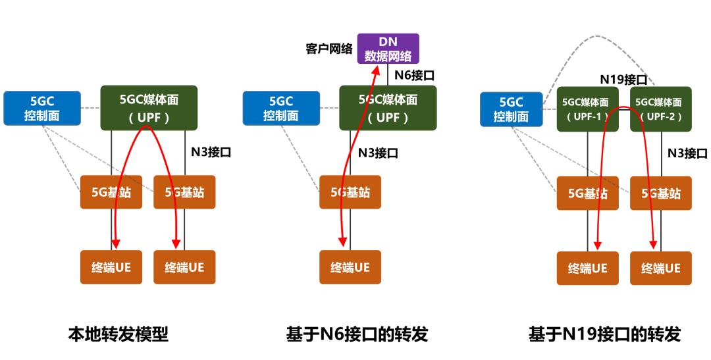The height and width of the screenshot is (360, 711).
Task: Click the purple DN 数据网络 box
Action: pos(388,48)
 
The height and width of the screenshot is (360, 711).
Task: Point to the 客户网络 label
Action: pos(329,49)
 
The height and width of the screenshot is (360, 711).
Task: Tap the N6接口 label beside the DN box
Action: pos(414,75)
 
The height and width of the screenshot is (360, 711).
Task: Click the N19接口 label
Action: pos(622,80)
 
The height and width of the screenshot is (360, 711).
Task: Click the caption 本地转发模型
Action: pos(118,334)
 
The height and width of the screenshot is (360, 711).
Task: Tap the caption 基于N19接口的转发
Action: pos(604,334)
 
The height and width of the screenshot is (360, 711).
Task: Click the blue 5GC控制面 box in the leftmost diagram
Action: pos(42,109)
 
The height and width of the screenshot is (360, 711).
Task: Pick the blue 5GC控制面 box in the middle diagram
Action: pos(281,109)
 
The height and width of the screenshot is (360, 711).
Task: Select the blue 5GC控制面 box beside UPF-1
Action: pos(511,109)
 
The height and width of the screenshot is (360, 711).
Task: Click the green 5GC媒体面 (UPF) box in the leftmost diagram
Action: pos(149,108)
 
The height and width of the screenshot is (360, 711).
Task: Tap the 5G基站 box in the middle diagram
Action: pos(350,192)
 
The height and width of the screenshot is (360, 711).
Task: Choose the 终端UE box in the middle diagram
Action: pos(350,267)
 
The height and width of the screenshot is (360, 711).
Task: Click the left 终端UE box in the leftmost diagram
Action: pos(111,267)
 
